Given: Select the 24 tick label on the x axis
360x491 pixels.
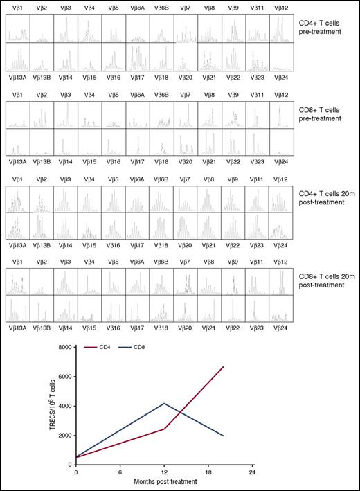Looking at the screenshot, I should pos(252,474).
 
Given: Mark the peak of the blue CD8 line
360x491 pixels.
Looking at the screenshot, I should pos(164,403).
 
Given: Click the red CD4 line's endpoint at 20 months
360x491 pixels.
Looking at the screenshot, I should pos(223,366).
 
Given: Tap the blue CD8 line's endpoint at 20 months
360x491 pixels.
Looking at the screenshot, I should pos(223,436).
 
